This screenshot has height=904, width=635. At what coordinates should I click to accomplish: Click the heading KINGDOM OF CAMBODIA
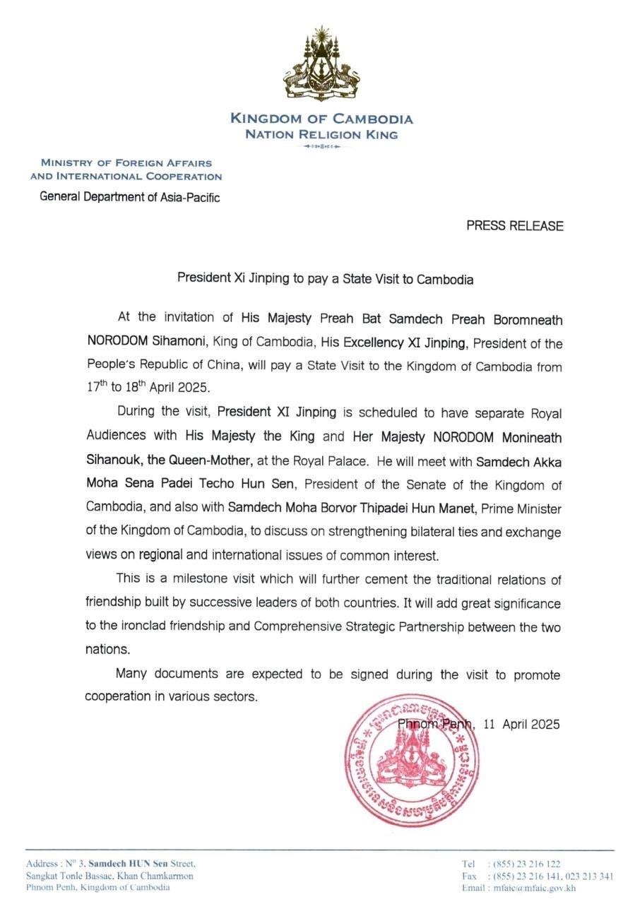321,119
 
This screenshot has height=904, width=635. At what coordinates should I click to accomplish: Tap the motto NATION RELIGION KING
321,134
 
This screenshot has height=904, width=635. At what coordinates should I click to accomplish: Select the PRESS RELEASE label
515,226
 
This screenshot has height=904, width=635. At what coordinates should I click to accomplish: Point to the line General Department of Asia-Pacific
130,197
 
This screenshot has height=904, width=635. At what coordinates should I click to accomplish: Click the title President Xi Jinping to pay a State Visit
325,279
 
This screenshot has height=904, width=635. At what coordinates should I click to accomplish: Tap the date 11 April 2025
522,724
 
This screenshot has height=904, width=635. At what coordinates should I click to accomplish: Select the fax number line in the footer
537,876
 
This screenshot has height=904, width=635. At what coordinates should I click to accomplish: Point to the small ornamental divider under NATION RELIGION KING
321,146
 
